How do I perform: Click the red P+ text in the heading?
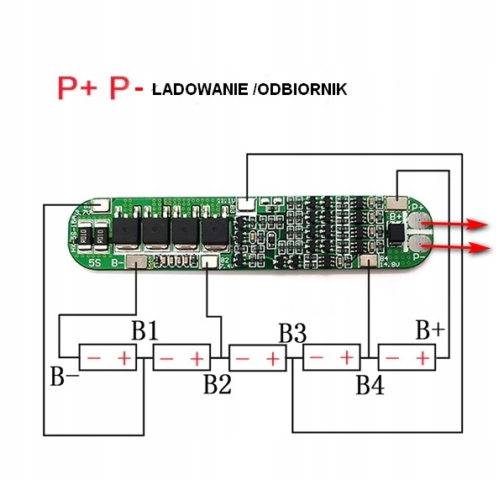(x=77, y=87)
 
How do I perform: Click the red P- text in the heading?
(x=126, y=87)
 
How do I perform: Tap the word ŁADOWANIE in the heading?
(x=200, y=89)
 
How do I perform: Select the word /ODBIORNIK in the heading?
(x=299, y=89)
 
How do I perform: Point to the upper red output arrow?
(x=458, y=224)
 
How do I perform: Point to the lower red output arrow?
(x=458, y=248)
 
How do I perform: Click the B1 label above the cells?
(x=144, y=330)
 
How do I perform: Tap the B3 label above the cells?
(x=291, y=332)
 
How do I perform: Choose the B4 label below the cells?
(x=370, y=385)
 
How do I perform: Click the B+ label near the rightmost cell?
(x=429, y=330)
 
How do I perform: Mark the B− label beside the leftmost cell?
(x=65, y=377)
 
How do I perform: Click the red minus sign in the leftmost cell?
(x=94, y=359)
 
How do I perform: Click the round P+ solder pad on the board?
(x=417, y=222)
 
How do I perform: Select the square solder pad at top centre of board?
(x=246, y=203)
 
